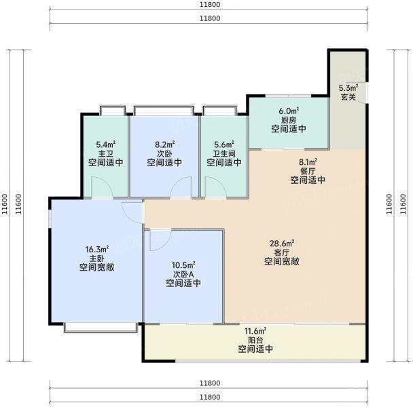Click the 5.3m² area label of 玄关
coord(348,88)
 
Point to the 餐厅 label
coord(308,171)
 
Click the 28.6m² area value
coord(283,243)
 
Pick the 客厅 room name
coord(283,252)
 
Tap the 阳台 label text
coord(255,340)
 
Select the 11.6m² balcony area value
coord(255,331)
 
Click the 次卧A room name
coord(183,274)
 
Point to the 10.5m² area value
coord(183,265)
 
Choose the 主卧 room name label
coord(96,258)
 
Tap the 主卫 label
coord(105,153)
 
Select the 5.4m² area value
coord(105,144)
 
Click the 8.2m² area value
coord(164,144)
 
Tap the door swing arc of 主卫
coord(99,186)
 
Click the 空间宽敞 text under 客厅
coord(283,261)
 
